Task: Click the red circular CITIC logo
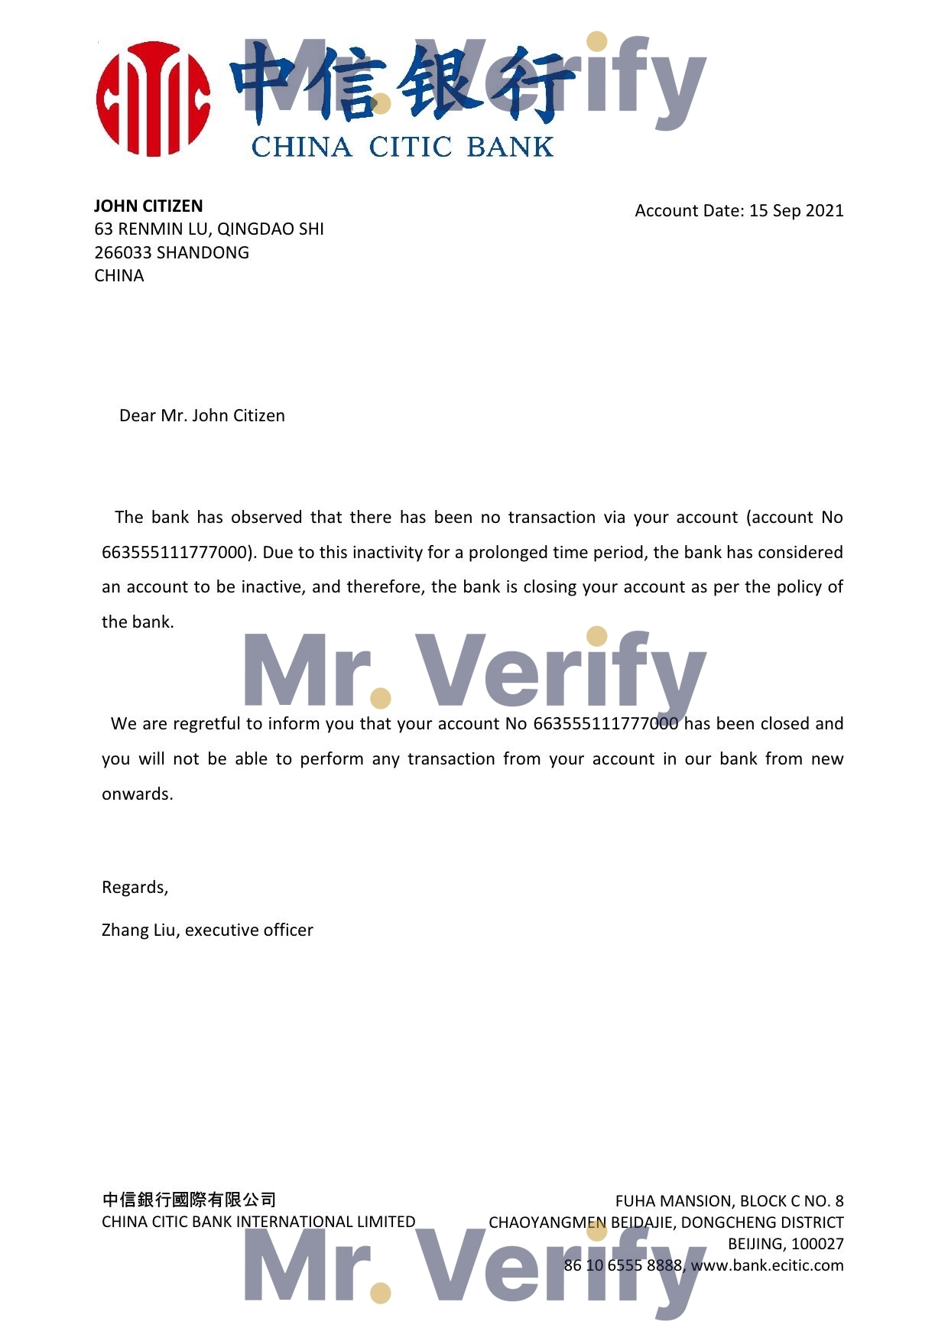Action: tap(153, 99)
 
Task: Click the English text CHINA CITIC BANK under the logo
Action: tap(402, 147)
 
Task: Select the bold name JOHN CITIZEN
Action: tap(148, 206)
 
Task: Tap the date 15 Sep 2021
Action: tap(796, 210)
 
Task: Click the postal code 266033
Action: tap(122, 252)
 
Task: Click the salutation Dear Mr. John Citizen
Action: tap(202, 415)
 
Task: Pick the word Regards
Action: tap(135, 887)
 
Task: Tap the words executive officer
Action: tap(249, 930)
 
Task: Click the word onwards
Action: tap(137, 794)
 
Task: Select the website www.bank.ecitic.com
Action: tap(767, 1265)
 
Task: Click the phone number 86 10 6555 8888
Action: tap(622, 1265)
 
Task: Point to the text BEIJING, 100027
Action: tap(785, 1244)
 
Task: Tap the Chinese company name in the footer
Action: tap(189, 1200)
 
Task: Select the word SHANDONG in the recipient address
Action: tap(203, 252)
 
